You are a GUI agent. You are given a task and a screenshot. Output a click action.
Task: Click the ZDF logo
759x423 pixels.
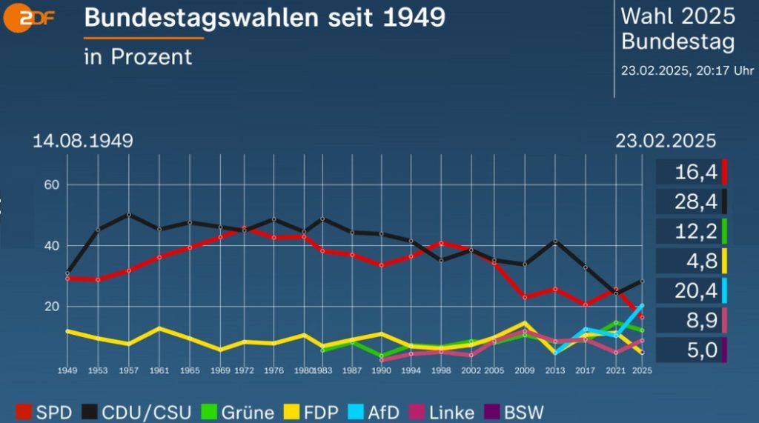[29, 19]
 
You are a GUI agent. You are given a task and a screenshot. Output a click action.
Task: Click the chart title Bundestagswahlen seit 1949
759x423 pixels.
[265, 17]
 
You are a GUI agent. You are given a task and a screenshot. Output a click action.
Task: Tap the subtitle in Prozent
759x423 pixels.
[138, 56]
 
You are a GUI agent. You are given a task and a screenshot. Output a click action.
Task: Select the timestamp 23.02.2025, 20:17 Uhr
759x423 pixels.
[687, 71]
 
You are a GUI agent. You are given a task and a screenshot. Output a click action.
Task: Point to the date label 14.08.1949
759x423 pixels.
[82, 141]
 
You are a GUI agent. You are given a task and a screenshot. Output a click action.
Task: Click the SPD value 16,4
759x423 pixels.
[695, 173]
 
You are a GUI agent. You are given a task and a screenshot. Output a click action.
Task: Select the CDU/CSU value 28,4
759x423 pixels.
[695, 202]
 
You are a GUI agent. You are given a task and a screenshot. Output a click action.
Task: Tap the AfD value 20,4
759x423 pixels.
[695, 290]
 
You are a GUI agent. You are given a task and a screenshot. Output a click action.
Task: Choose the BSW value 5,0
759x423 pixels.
[695, 350]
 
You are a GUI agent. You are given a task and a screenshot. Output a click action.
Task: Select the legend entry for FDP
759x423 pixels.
[321, 412]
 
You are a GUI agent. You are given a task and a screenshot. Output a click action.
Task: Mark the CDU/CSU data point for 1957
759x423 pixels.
[129, 215]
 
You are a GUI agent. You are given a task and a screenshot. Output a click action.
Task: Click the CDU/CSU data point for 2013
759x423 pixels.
[556, 242]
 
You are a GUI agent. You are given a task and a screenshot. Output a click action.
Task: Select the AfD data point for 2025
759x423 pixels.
[642, 305]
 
